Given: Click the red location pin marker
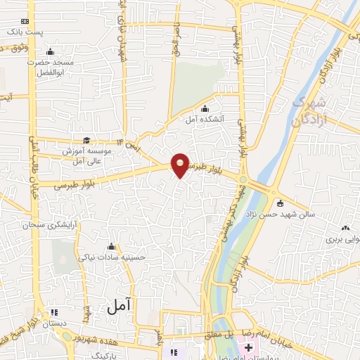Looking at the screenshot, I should (181, 164).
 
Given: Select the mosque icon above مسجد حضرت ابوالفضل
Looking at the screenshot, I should (49, 52).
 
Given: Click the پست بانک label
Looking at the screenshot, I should (25, 33).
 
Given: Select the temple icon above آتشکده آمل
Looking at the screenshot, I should (204, 108).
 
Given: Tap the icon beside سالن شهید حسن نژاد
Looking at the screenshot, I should (281, 204).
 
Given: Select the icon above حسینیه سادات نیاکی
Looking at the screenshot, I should (111, 246).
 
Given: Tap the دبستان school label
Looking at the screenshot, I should (55, 324).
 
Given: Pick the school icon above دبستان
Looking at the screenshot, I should (55, 313).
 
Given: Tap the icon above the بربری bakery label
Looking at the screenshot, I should (345, 228).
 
